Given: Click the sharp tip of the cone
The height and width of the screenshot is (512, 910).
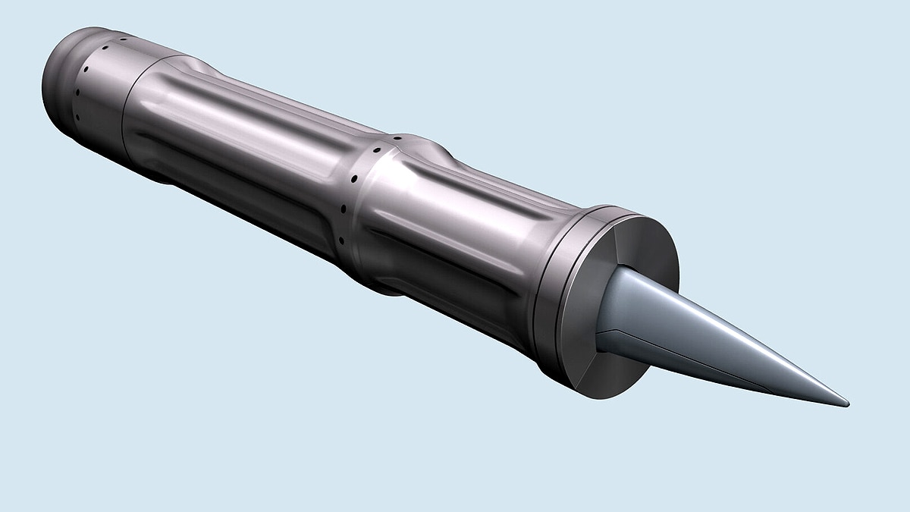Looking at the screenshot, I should pyautogui.click(x=846, y=404).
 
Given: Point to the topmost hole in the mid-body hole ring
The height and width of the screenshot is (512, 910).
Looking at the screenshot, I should pyautogui.click(x=396, y=139).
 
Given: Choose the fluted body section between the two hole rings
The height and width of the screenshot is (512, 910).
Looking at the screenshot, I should pyautogui.click(x=243, y=152).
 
